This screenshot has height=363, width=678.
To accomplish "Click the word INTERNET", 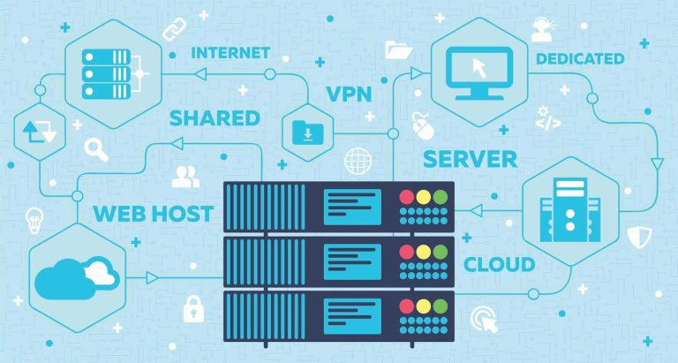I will [x=230, y=52].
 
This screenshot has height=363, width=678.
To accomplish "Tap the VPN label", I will [x=349, y=93].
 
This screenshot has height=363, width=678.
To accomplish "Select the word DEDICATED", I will [x=580, y=58].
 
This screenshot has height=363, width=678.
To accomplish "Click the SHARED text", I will [x=215, y=117].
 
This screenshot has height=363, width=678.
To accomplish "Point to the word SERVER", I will [x=470, y=159].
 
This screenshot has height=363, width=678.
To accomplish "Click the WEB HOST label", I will [x=153, y=213].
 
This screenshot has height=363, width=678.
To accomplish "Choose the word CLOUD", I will [x=499, y=263].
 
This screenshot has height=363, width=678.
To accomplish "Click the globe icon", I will [x=358, y=161].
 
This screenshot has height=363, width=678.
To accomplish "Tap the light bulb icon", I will [x=34, y=217].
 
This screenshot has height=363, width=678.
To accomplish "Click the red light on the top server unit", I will [x=407, y=197].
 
